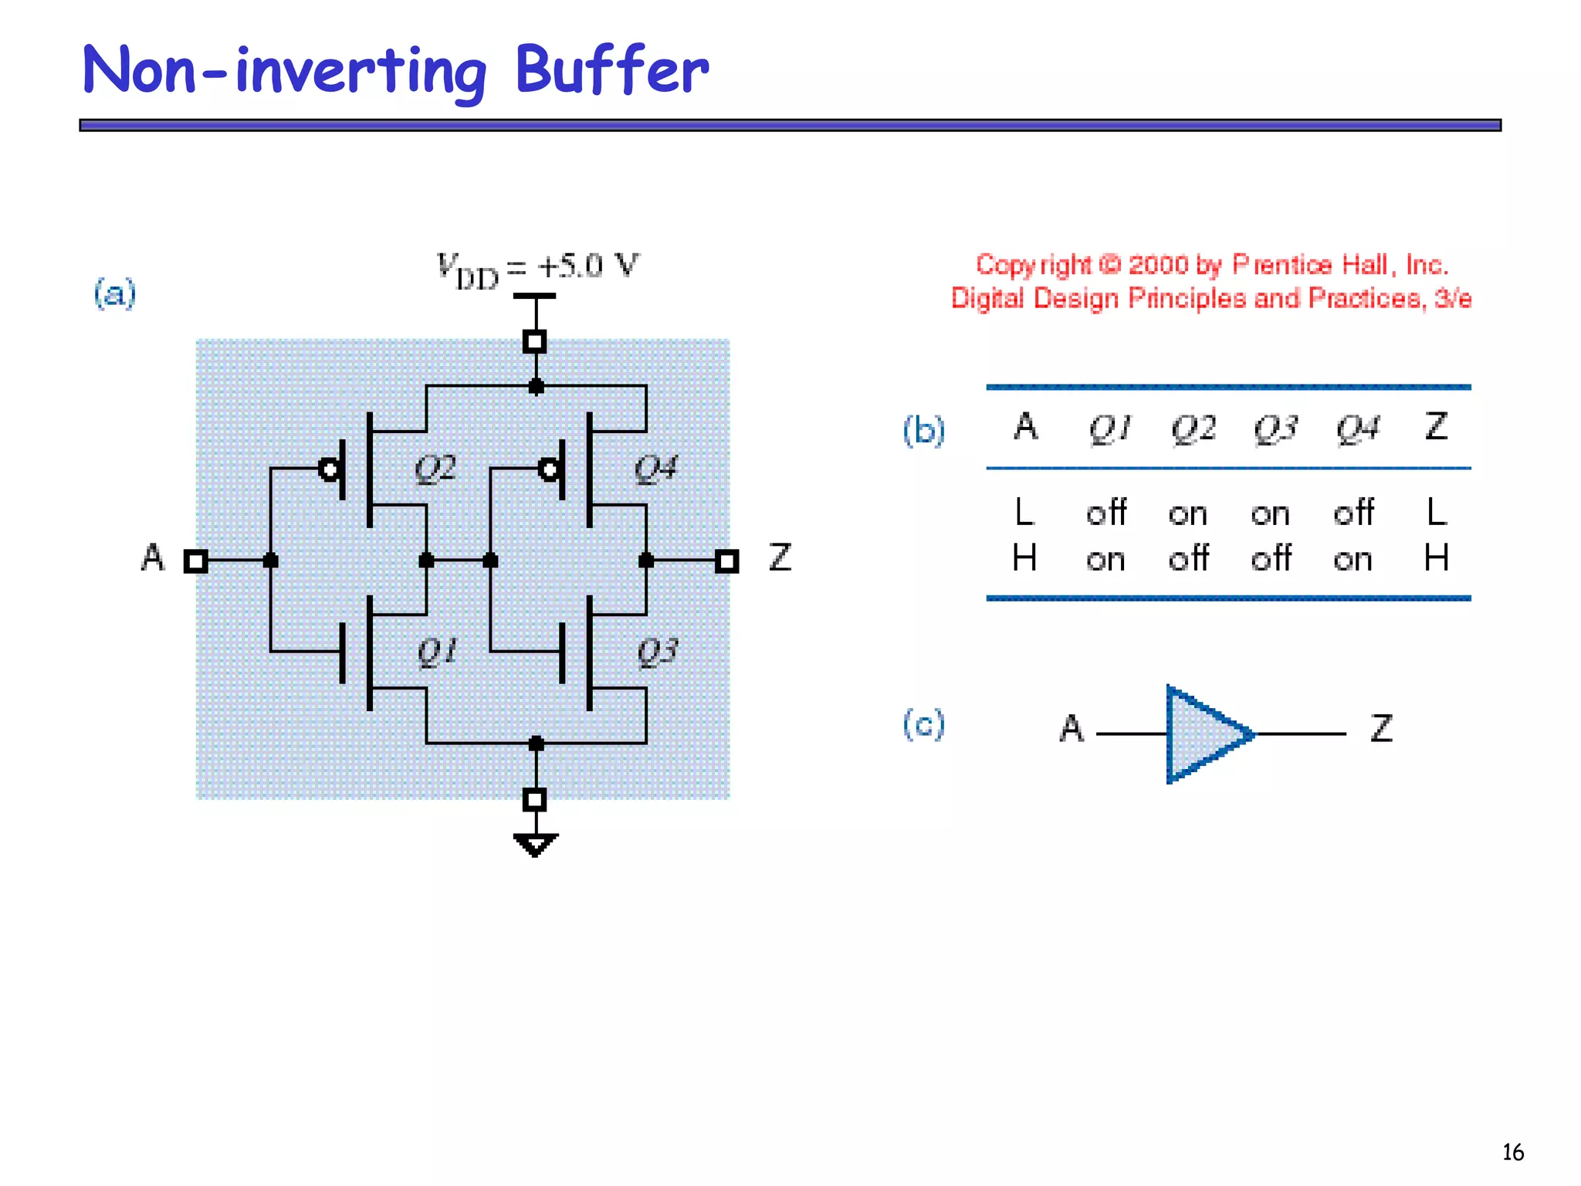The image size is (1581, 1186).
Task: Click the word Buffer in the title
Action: click(611, 69)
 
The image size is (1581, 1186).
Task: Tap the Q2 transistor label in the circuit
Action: click(435, 468)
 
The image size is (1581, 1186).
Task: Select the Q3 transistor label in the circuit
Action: click(657, 652)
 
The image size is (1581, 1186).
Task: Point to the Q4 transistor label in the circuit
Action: click(655, 468)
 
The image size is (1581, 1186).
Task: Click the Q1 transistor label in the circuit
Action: click(437, 652)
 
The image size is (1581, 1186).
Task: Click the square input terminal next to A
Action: click(196, 561)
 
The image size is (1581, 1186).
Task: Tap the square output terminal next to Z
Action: click(726, 561)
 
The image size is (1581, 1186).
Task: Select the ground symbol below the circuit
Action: click(535, 845)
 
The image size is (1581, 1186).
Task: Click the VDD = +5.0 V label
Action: click(538, 269)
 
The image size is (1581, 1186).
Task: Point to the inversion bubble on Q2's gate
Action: click(330, 469)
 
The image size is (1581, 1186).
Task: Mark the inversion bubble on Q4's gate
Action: click(549, 469)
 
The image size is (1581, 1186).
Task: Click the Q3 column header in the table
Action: click(1275, 429)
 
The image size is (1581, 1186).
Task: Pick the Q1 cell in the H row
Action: click(1105, 559)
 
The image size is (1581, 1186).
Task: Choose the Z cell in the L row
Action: click(1436, 513)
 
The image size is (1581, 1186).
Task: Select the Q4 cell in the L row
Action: click(1353, 513)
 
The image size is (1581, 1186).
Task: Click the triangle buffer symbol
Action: click(1204, 734)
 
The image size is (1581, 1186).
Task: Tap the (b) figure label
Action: click(923, 430)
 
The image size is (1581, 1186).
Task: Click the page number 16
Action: click(1512, 1152)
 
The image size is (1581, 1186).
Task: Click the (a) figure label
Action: click(114, 293)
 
